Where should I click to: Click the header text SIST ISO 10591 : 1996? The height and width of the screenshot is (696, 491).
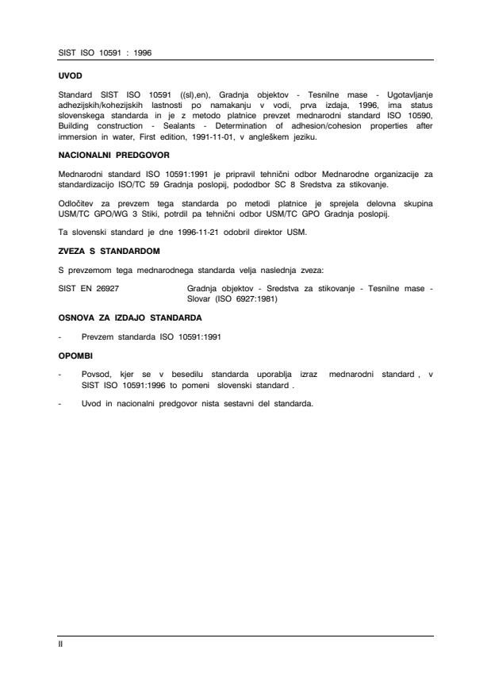click(105, 52)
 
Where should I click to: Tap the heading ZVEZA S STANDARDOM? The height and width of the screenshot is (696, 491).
click(109, 251)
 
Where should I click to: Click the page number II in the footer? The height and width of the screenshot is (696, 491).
click(61, 644)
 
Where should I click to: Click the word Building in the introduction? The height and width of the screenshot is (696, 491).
click(76, 126)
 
